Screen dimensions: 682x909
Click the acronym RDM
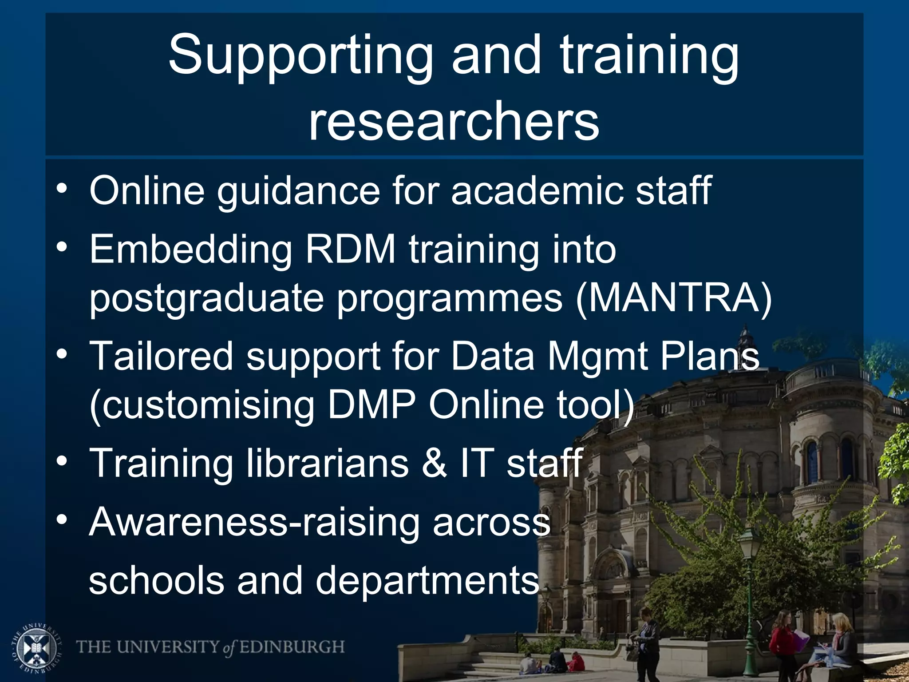pos(350,249)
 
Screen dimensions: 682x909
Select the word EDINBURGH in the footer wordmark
pos(292,647)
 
